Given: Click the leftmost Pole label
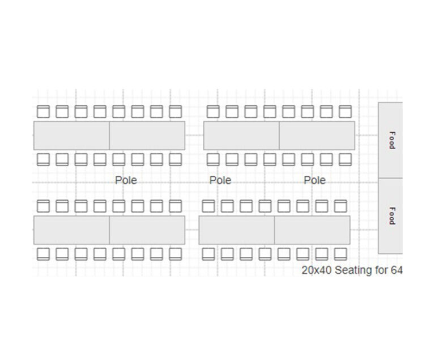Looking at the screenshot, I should pyautogui.click(x=126, y=180).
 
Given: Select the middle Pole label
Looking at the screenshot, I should pyautogui.click(x=220, y=180).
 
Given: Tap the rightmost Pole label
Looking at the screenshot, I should pyautogui.click(x=315, y=180).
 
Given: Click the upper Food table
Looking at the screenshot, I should pyautogui.click(x=391, y=140).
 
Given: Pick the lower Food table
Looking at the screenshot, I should pyautogui.click(x=391, y=215).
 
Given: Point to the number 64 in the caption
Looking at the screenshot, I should pyautogui.click(x=396, y=270).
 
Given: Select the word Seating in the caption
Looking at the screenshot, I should pyautogui.click(x=353, y=270).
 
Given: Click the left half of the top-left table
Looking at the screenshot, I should pyautogui.click(x=71, y=135).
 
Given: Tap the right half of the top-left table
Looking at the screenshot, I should pyautogui.click(x=147, y=135).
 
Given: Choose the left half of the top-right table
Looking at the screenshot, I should pyautogui.click(x=241, y=135).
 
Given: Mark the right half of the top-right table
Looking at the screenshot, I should pyautogui.click(x=317, y=135).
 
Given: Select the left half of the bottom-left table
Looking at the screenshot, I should pyautogui.click(x=71, y=230).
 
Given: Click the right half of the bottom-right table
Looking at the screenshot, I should pyautogui.click(x=312, y=230).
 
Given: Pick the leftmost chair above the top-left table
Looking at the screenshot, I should pyautogui.click(x=43, y=112).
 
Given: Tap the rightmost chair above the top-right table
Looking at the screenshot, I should pyautogui.click(x=345, y=112).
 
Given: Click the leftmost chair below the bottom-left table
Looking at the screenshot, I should pyautogui.click(x=43, y=253).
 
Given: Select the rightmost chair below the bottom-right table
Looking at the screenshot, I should pyautogui.click(x=340, y=253).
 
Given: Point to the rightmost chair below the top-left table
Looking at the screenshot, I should pyautogui.click(x=175, y=159).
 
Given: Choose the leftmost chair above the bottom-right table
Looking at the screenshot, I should pyautogui.click(x=208, y=206).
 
